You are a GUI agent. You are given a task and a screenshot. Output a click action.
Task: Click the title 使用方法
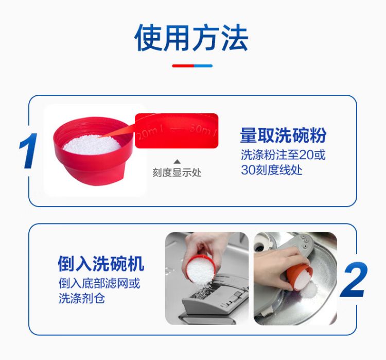pos(191,38)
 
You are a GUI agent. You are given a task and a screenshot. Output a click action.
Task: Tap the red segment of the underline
pos(183,66)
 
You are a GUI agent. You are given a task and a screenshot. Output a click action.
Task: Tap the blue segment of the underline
pos(203,66)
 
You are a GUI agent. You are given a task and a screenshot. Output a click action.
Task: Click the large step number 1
pos(28,151)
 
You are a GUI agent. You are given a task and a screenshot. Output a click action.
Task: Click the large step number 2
pos(354,279)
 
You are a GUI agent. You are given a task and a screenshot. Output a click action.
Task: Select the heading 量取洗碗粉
pos(283,135)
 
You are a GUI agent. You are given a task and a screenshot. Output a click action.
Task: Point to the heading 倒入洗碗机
pos(101,264)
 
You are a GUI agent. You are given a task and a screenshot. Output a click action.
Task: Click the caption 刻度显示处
pos(177,173)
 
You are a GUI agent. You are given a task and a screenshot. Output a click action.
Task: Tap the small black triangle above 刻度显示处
pos(177,162)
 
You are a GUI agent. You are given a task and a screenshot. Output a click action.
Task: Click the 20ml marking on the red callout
pos(150,133)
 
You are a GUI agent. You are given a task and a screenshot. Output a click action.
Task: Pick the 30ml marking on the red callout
pos(203,130)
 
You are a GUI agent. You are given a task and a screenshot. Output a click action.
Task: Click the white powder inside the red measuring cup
pos(92,145)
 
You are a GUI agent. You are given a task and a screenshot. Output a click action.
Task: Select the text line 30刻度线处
pos(271,170)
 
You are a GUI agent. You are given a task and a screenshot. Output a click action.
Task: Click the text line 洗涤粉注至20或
pos(283,155)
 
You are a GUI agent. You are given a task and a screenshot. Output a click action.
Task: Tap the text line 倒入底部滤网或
pos(99,283)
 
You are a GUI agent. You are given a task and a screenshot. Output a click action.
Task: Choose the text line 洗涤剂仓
pos(82,298)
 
